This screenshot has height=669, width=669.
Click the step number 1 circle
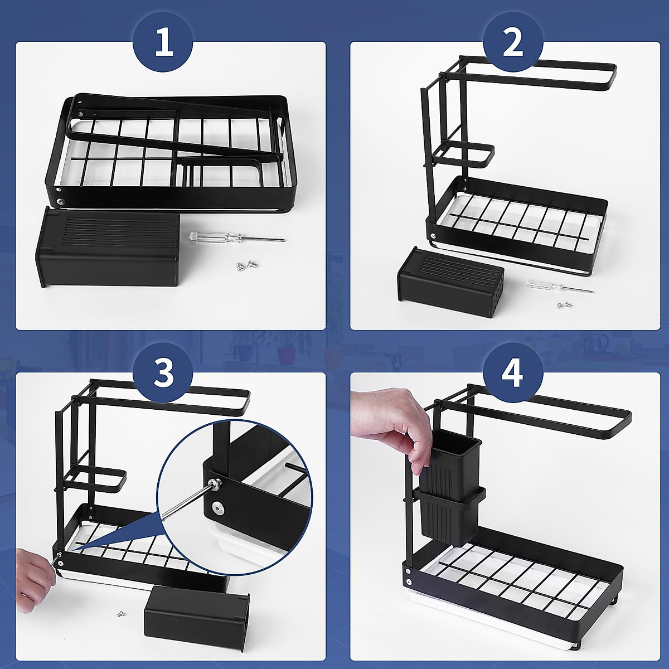click(163, 43)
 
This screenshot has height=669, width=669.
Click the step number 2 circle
click(512, 43)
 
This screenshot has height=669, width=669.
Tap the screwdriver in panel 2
click(559, 287)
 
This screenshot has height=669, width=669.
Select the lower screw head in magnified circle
click(217, 507)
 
